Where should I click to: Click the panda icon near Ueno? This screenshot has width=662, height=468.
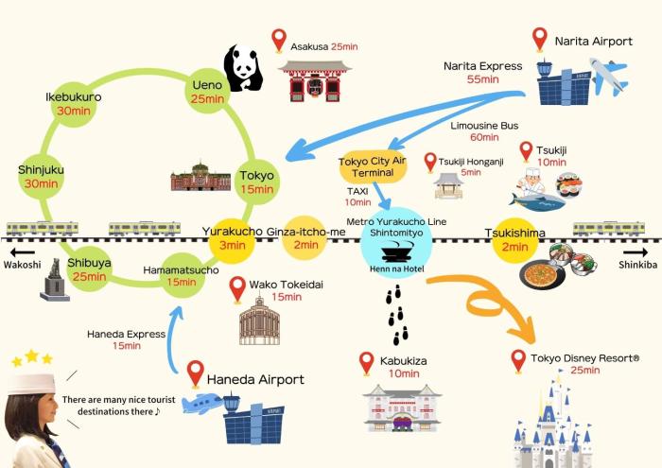[x=242, y=69]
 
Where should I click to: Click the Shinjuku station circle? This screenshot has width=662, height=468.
[x=40, y=177]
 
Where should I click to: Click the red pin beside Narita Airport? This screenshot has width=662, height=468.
[x=539, y=39]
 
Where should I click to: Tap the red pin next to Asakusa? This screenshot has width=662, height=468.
[x=278, y=40]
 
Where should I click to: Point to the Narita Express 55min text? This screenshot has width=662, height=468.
[x=482, y=73]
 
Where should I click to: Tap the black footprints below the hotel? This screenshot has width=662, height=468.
[x=398, y=315]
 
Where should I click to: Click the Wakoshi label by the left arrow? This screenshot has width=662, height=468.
[x=22, y=266]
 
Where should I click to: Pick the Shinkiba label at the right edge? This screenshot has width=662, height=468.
[x=638, y=266]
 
